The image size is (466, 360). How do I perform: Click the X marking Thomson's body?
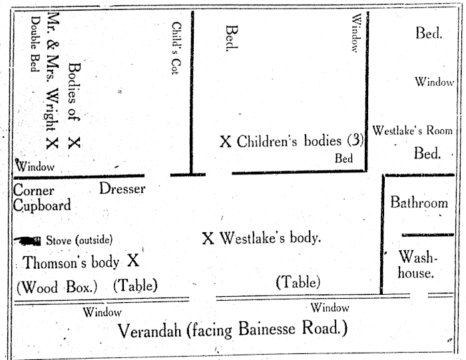[133, 260]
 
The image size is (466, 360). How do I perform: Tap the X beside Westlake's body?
[208, 238]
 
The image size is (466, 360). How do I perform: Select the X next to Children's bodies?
[226, 141]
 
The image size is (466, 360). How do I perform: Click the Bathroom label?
[419, 202]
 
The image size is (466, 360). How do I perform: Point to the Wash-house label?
[417, 265]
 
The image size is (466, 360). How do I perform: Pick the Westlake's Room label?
[412, 130]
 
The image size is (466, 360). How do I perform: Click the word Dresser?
[122, 188]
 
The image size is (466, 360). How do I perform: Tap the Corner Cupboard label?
[42, 198]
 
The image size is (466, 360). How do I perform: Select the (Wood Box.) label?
[57, 287]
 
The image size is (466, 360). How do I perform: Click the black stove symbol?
[27, 241]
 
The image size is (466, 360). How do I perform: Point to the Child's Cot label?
[176, 48]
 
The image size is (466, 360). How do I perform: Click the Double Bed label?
[35, 44]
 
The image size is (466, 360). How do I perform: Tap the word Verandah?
[150, 331]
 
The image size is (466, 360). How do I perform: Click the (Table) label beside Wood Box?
[135, 285]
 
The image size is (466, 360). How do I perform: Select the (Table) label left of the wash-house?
[298, 282]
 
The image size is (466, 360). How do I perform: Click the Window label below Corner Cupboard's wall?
[102, 312]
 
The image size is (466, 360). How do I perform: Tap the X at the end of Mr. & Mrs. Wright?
[52, 143]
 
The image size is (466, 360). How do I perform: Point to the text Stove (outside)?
[79, 240]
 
